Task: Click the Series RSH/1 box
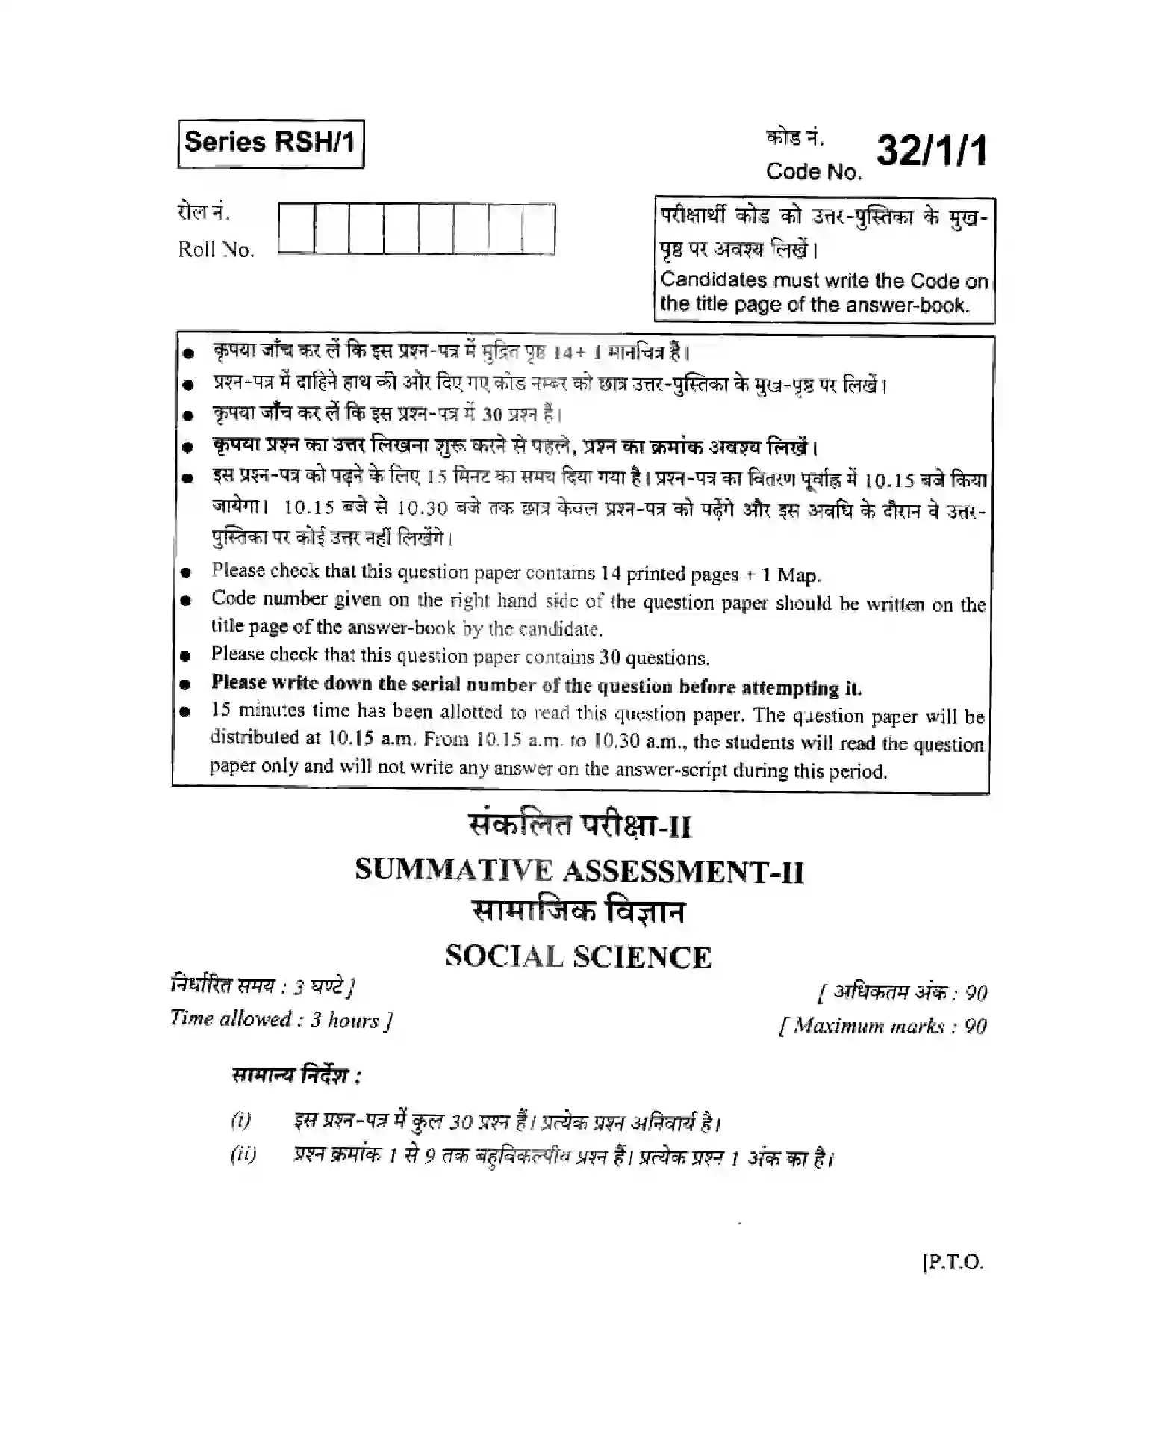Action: pyautogui.click(x=270, y=143)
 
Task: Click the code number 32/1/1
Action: pyautogui.click(x=931, y=152)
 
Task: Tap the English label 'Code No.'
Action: pyautogui.click(x=813, y=172)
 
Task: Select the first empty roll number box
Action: pyautogui.click(x=296, y=229)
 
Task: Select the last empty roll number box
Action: pyautogui.click(x=538, y=229)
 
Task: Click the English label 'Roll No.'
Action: pyautogui.click(x=216, y=250)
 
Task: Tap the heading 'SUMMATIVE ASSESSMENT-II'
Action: pyautogui.click(x=579, y=870)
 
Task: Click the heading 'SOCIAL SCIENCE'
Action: pyautogui.click(x=578, y=957)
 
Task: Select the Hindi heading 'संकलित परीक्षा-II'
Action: pyautogui.click(x=579, y=826)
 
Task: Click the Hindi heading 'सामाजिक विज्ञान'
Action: pyautogui.click(x=579, y=912)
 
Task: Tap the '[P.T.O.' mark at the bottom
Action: pyautogui.click(x=953, y=1263)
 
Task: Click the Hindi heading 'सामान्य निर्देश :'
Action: pyautogui.click(x=296, y=1077)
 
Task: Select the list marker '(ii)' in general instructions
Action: pyautogui.click(x=243, y=1155)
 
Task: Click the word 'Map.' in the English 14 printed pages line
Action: pyautogui.click(x=798, y=575)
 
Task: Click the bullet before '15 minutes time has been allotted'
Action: pyautogui.click(x=187, y=712)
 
